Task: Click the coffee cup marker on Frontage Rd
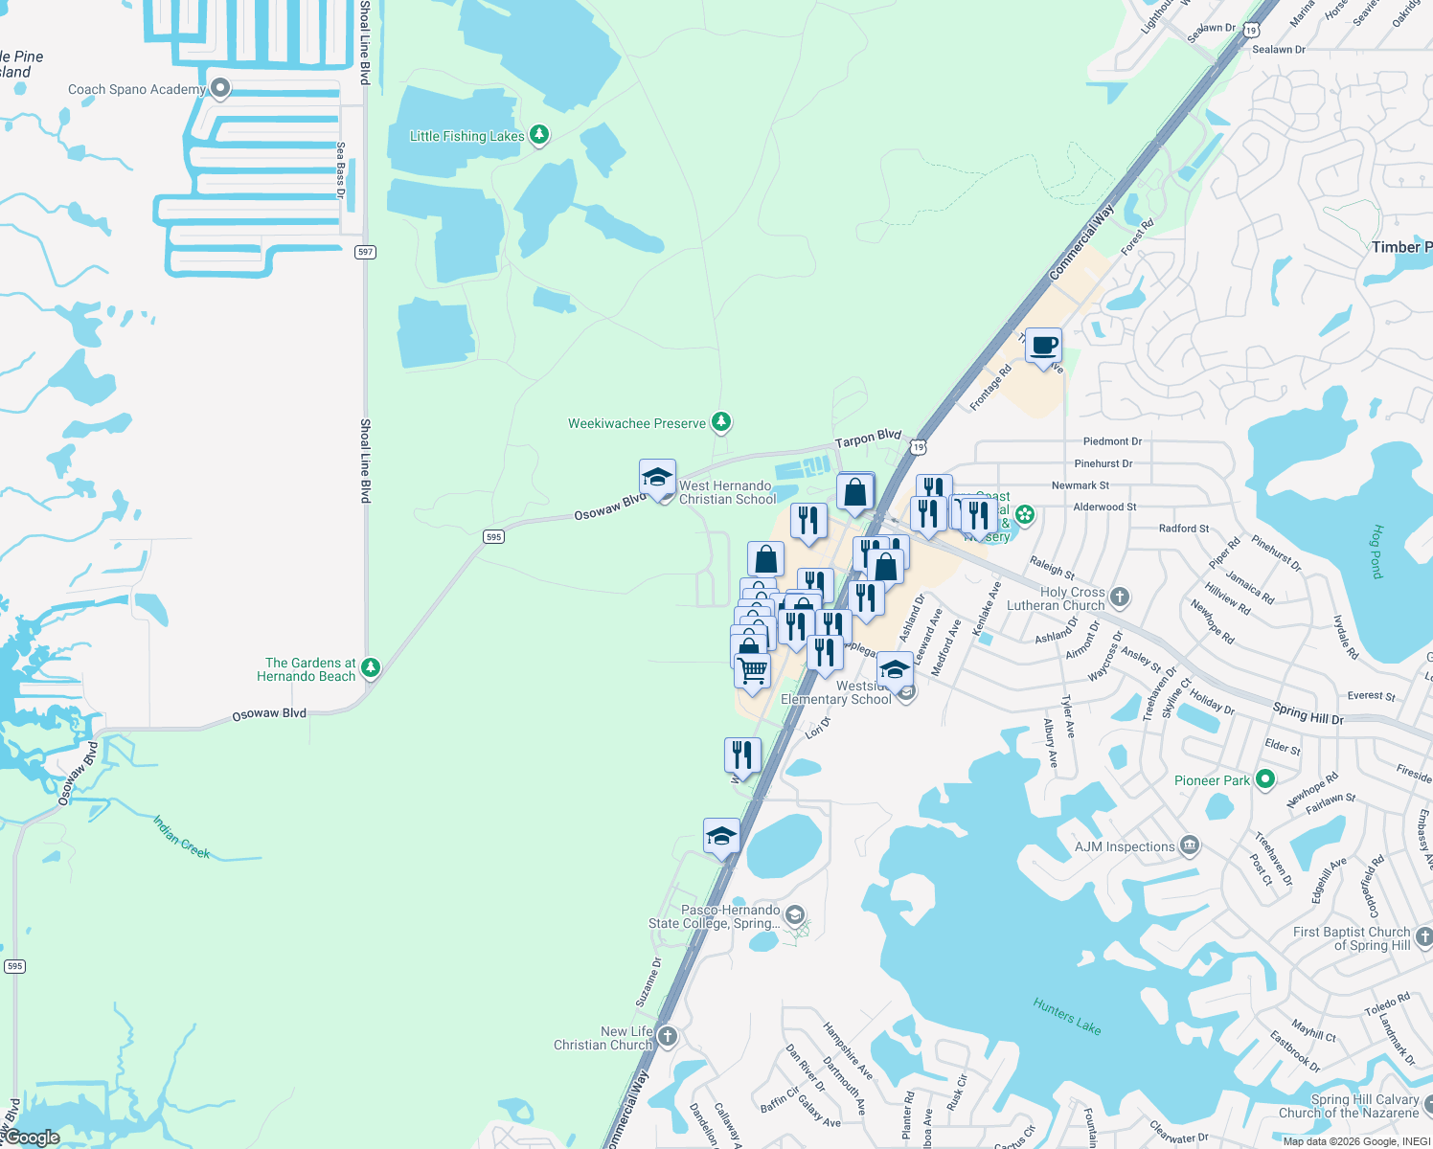(1043, 346)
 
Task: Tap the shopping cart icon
(753, 669)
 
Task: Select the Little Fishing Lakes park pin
(539, 135)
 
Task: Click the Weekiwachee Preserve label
(636, 423)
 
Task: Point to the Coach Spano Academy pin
(220, 88)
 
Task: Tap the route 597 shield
(365, 252)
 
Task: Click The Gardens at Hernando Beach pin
(371, 667)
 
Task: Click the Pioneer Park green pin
(1264, 779)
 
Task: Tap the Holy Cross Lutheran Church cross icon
(1119, 598)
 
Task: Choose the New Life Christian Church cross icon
(668, 1037)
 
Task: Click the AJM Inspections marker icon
(1190, 845)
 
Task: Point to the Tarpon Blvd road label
(868, 439)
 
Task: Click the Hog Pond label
(1377, 551)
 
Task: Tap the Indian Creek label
(181, 837)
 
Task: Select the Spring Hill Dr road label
(1308, 713)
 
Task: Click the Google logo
(32, 1138)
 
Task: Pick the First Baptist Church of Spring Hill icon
(1424, 936)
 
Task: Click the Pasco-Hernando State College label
(715, 916)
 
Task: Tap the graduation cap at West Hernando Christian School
(657, 478)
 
